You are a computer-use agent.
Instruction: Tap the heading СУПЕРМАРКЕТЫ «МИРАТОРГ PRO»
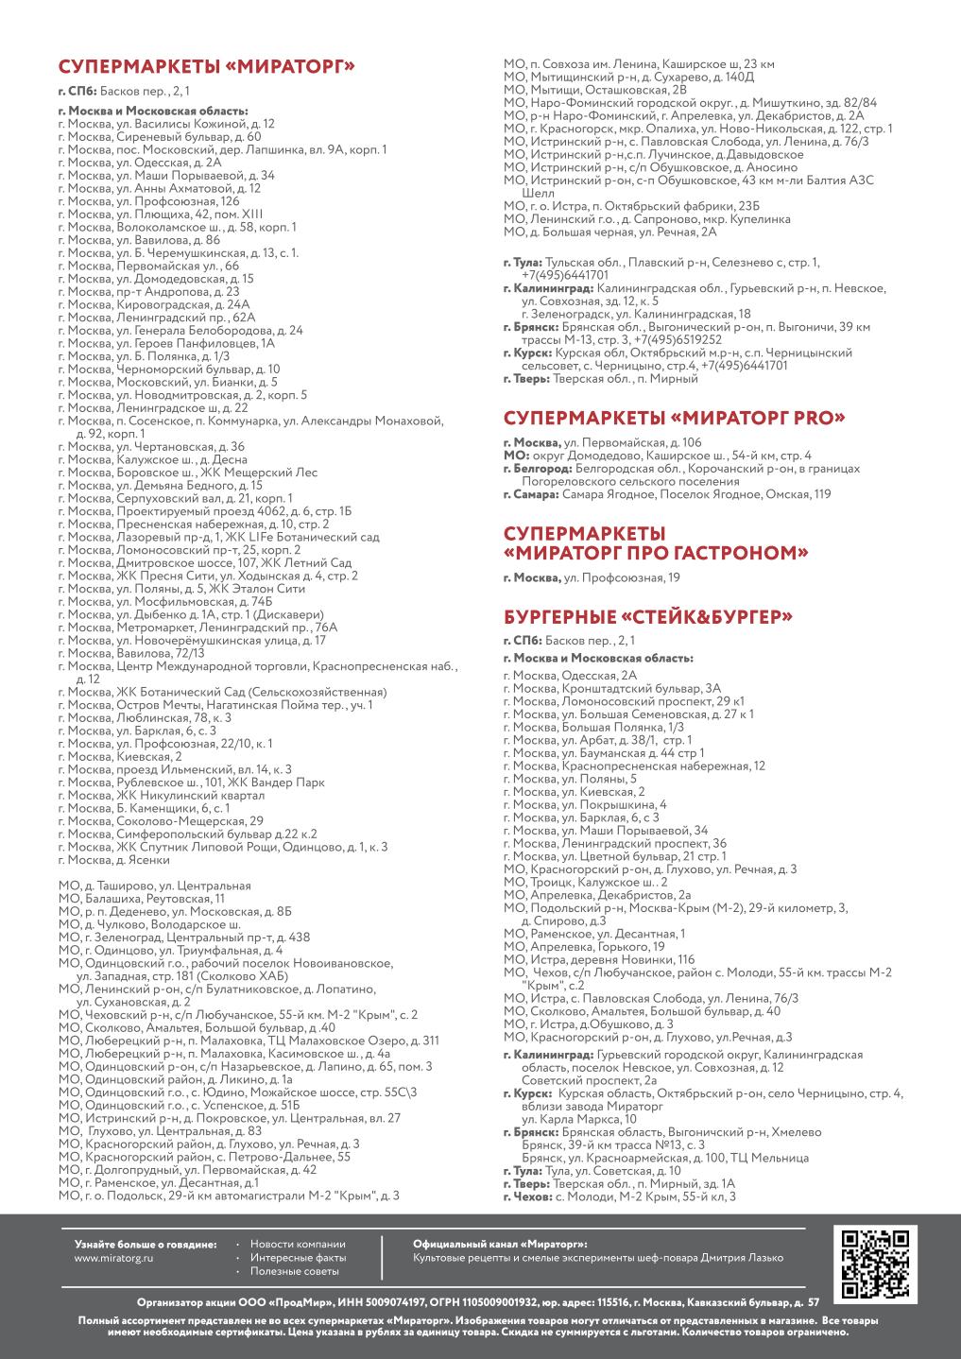tap(674, 418)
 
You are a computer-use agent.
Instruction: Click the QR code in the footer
tap(874, 1264)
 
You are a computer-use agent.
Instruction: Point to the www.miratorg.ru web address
tap(113, 1258)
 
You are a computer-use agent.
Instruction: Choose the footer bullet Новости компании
tap(298, 1244)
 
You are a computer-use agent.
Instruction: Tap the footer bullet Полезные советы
tap(294, 1271)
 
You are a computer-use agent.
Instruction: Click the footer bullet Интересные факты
tap(298, 1258)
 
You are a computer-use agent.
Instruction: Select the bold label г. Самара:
tap(531, 494)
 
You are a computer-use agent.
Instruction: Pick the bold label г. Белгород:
tap(537, 469)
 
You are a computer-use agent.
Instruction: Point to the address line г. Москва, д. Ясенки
tap(114, 860)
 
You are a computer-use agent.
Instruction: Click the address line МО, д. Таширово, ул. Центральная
tap(154, 886)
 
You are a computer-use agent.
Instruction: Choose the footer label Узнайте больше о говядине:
tap(146, 1244)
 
